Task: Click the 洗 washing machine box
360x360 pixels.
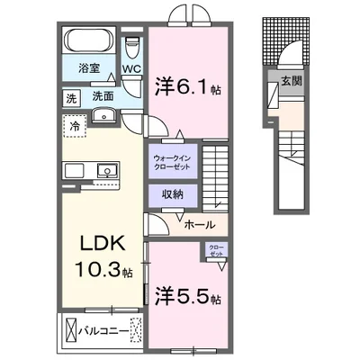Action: coord(70,96)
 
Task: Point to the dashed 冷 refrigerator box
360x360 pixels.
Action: coord(74,126)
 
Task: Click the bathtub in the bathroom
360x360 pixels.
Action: coord(86,40)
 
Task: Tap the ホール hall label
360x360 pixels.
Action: coord(199,226)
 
